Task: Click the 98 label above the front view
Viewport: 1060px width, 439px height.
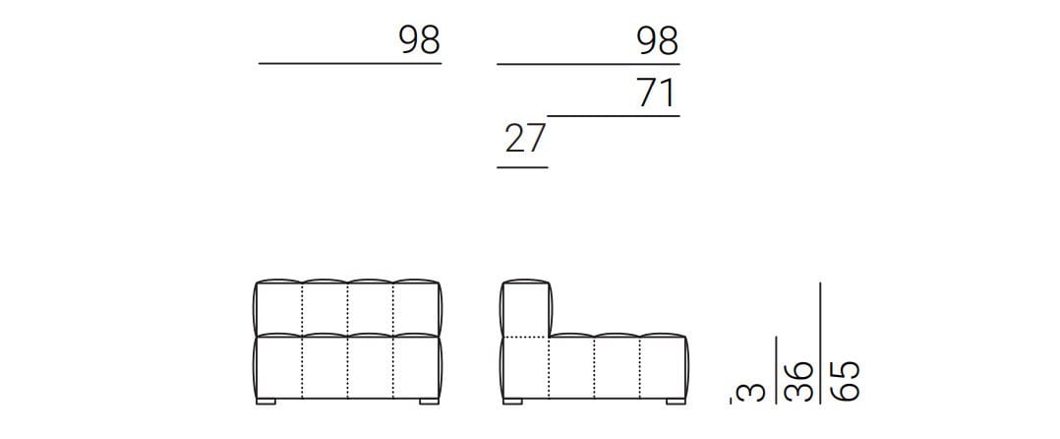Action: tap(419, 41)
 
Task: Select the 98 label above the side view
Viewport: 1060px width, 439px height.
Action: tap(657, 41)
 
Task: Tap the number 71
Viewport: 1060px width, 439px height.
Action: tap(657, 94)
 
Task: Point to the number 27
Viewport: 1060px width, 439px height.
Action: tap(524, 139)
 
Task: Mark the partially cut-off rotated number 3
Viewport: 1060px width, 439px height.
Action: tap(749, 392)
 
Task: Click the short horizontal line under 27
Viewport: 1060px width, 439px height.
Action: tap(522, 167)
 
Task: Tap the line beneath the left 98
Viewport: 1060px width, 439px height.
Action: tap(350, 63)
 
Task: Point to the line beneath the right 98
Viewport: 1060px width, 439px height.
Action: tap(588, 64)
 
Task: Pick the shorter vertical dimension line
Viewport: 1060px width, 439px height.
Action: tap(777, 370)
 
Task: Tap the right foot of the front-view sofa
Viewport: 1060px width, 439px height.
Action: tap(429, 402)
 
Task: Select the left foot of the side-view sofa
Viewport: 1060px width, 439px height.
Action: tap(511, 402)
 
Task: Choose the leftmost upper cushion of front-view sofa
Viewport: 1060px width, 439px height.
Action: tap(279, 308)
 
